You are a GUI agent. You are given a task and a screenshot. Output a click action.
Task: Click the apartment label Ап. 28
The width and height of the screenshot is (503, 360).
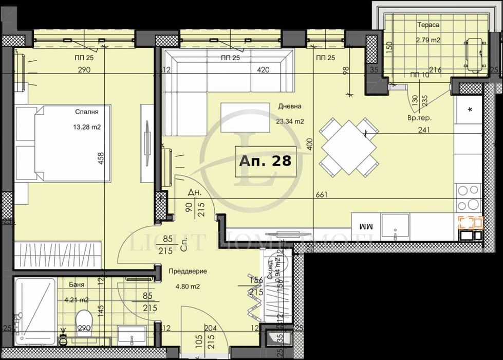[265, 161]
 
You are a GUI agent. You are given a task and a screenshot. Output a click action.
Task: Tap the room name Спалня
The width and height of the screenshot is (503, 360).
[86, 111]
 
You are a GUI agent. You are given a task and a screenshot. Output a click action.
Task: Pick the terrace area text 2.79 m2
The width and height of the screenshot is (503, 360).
[429, 39]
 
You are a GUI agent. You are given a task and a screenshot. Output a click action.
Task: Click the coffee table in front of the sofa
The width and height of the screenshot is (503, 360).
[245, 117]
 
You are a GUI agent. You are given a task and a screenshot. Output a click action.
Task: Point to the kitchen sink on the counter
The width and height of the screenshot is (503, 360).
[395, 227]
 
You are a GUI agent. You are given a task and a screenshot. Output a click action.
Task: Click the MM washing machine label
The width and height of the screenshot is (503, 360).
[366, 227]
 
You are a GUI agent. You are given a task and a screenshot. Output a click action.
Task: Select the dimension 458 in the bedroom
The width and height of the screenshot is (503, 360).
[101, 158]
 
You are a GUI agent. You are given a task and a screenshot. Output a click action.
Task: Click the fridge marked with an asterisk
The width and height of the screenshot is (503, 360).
[470, 109]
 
